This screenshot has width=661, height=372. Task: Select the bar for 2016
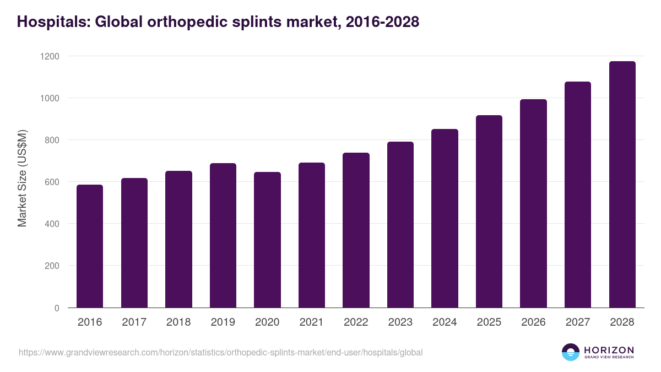pyautogui.click(x=90, y=246)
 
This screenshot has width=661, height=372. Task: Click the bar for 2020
pyautogui.click(x=267, y=240)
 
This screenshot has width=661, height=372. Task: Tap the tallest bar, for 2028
pyautogui.click(x=622, y=185)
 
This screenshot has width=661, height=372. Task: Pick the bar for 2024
pyautogui.click(x=445, y=218)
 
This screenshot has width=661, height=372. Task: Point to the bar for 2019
pyautogui.click(x=223, y=235)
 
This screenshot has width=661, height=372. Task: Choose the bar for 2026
pyautogui.click(x=533, y=203)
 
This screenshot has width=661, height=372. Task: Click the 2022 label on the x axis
pyautogui.click(x=356, y=322)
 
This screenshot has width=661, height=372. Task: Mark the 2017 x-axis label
pyautogui.click(x=134, y=322)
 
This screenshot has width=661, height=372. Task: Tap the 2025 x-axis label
pyautogui.click(x=489, y=322)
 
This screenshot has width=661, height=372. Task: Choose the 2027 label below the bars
pyautogui.click(x=577, y=322)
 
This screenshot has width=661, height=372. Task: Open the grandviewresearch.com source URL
pyautogui.click(x=220, y=352)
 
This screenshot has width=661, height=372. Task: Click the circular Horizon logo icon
pyautogui.click(x=570, y=352)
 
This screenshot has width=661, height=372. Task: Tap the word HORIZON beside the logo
pyautogui.click(x=609, y=350)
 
